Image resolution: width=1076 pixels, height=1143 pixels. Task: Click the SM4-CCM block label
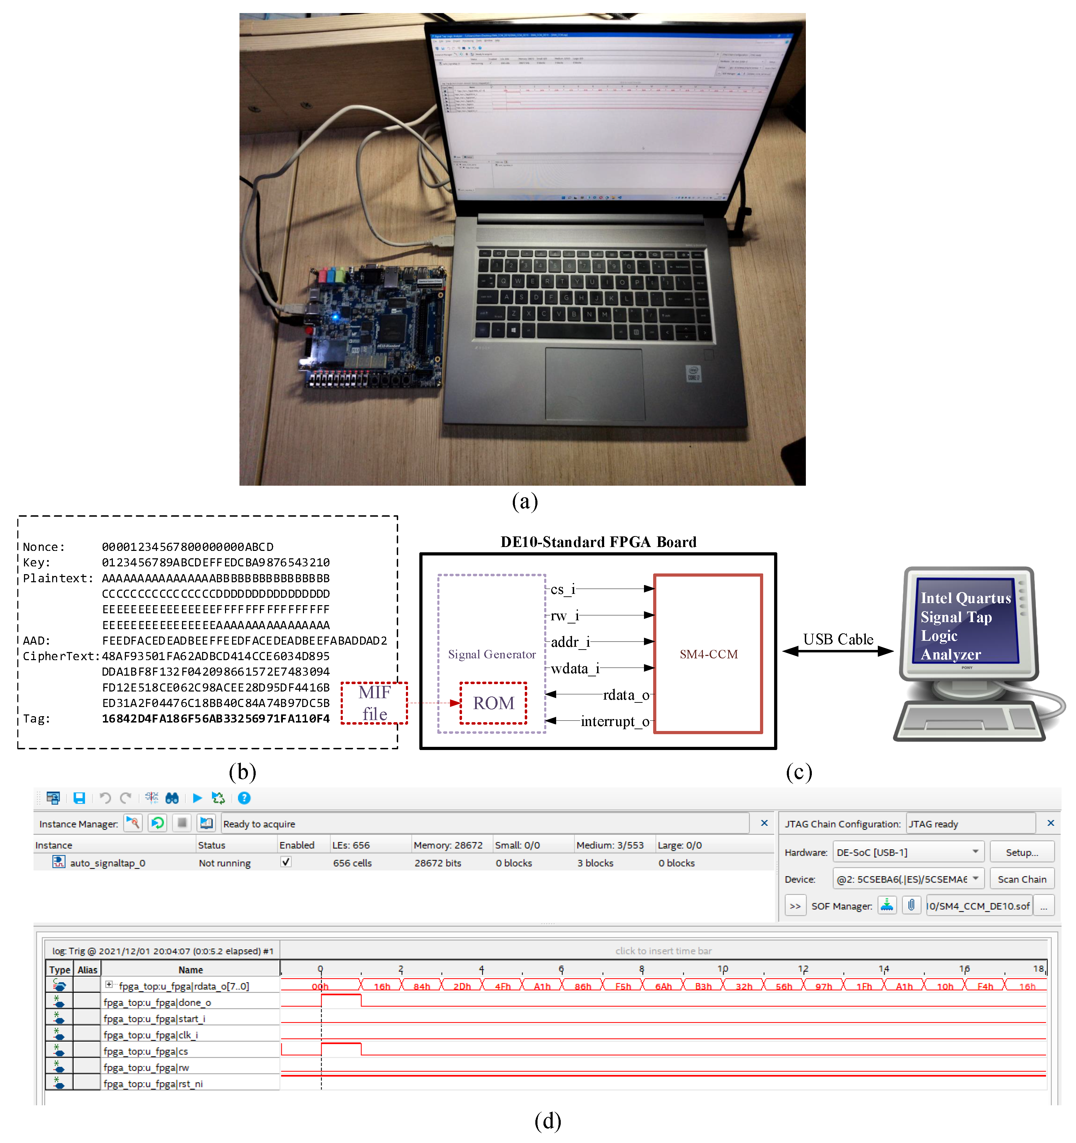coord(708,654)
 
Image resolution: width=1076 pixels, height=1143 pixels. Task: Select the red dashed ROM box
coord(493,702)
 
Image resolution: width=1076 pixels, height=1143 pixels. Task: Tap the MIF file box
coord(374,702)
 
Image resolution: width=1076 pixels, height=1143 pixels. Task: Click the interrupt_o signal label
coord(614,721)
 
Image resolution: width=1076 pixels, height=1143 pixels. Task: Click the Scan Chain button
coord(1021,879)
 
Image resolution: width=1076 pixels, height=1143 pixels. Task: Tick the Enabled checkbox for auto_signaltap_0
coord(285,862)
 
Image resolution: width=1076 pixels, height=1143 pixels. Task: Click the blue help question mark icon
coord(244,798)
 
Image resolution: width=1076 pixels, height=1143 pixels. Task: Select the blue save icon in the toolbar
coord(79,798)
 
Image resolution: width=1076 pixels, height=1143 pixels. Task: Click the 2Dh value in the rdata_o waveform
coord(462,987)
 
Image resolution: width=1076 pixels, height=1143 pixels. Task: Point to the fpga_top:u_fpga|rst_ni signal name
coord(153,1084)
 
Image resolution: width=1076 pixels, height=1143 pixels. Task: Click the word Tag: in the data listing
coord(37,719)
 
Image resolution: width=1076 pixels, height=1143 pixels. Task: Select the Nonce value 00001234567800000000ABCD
coord(188,547)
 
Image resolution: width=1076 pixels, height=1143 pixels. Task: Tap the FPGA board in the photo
coord(374,325)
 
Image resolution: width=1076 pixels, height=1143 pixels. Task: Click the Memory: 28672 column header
coord(448,845)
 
